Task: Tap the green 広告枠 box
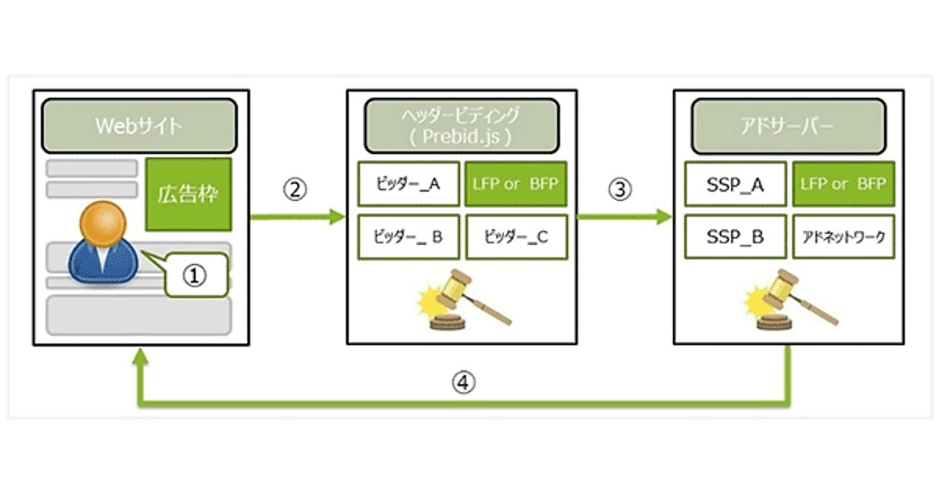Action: (x=189, y=194)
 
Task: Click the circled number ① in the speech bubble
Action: (x=196, y=275)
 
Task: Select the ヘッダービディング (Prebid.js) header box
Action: (x=462, y=125)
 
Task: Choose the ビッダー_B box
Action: (x=407, y=236)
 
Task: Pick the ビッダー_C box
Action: (x=516, y=236)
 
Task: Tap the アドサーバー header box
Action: (x=789, y=125)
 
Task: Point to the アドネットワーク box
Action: (x=843, y=236)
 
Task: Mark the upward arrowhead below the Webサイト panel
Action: (x=140, y=358)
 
